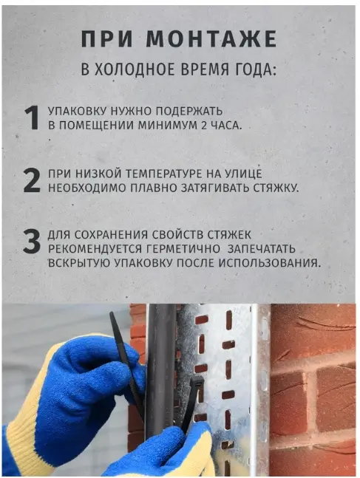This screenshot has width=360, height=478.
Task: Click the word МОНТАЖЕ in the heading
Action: click(211, 38)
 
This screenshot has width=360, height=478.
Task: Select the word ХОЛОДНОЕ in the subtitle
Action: click(135, 69)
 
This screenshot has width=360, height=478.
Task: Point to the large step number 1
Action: click(32, 118)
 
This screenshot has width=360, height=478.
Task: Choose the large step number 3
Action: click(32, 242)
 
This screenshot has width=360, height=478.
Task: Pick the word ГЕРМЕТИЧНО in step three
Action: click(183, 249)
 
